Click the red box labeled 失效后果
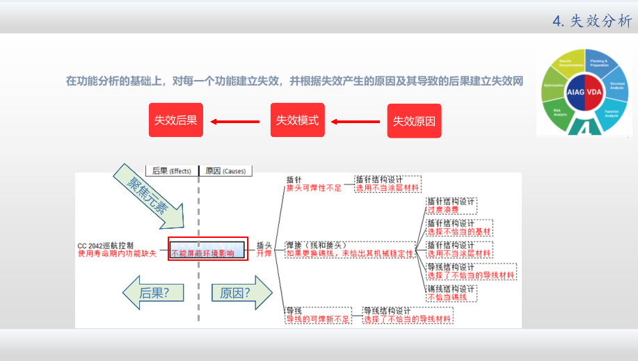[x=175, y=120]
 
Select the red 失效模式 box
[x=297, y=120]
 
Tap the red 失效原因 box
[x=414, y=121]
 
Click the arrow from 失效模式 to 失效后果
[x=236, y=121]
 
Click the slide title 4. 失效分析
[x=592, y=21]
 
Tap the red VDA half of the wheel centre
[x=595, y=92]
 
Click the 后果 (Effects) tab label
[x=170, y=170]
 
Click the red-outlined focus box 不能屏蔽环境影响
[x=208, y=249]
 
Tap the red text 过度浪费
[x=443, y=209]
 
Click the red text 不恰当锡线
[x=447, y=297]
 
